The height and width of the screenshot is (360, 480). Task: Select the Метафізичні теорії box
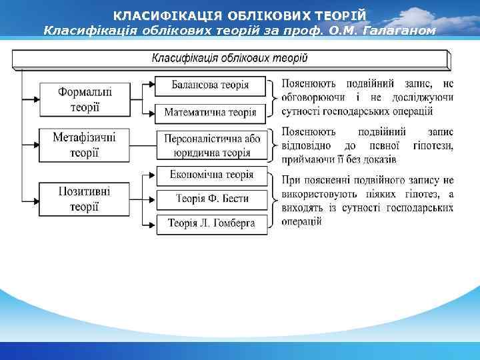(x=84, y=145)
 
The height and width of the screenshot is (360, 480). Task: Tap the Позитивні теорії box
(x=84, y=199)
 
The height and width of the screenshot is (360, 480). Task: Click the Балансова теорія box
(x=211, y=85)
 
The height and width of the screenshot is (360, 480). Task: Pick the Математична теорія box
(x=211, y=112)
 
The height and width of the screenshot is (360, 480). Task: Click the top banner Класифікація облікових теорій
(x=230, y=59)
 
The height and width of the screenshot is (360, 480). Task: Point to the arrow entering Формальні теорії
(x=31, y=98)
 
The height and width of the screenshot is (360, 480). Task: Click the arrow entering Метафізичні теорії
(x=31, y=145)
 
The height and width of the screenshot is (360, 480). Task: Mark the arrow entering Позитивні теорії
(x=31, y=199)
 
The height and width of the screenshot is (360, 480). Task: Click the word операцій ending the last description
(x=302, y=221)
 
